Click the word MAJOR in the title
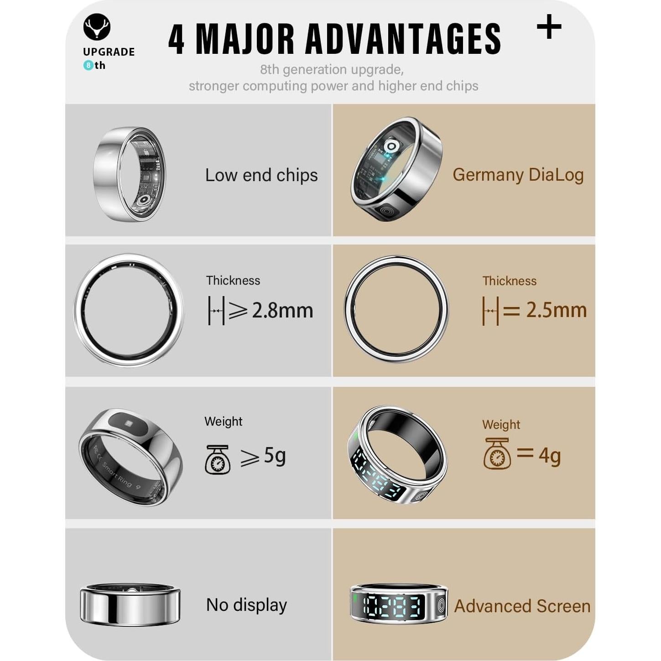click(x=245, y=39)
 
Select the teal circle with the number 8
click(x=88, y=66)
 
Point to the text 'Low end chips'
click(x=261, y=175)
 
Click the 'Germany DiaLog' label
click(x=518, y=175)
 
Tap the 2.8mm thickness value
click(x=282, y=311)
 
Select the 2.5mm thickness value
click(x=556, y=310)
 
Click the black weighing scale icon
click(x=217, y=459)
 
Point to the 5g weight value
click(x=275, y=455)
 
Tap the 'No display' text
click(x=246, y=605)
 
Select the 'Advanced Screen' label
click(x=522, y=606)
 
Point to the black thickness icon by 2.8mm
click(x=216, y=311)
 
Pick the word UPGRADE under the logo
click(x=109, y=52)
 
